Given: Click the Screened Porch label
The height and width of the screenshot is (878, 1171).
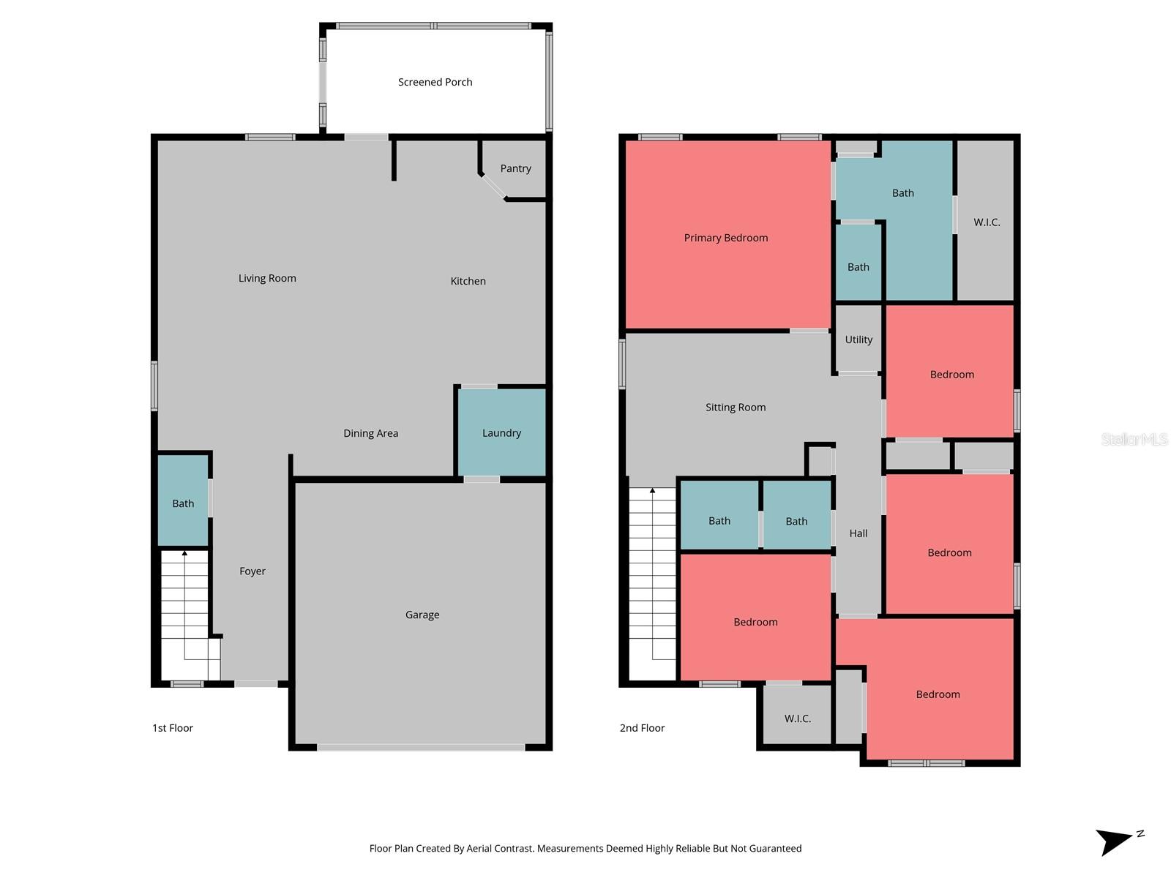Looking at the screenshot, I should coord(435,82).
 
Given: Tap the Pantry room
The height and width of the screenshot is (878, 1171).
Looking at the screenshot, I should coord(515,169).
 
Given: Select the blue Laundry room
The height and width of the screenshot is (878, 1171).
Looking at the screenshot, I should coord(501,433).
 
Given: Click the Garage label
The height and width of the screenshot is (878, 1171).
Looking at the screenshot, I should coord(422,615).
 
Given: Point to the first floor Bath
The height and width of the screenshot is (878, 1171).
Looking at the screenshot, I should coord(183,503).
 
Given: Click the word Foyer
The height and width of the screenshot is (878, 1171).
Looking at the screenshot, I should coord(252,571).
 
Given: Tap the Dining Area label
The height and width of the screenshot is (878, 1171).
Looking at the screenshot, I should coord(370,433).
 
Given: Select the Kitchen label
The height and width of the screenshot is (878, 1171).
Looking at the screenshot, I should coord(468,281).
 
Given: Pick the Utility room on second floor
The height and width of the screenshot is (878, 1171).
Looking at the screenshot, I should coord(858,339).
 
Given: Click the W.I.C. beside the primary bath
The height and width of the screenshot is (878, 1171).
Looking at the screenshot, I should coord(986,222).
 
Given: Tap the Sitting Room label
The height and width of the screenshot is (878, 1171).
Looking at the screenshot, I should coord(736,408).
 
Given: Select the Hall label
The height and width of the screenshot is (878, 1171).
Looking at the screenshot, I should coord(858,533).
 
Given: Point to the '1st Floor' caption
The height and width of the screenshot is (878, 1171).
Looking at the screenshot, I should coord(173,728).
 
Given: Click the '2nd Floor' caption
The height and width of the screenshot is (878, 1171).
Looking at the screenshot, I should coord(642,728).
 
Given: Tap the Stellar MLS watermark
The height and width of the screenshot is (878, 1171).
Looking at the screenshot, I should coord(1134,439).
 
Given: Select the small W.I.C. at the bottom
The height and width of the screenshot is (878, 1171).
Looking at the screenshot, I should coord(797,718).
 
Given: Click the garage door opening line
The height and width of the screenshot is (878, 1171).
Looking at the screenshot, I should coord(421,748).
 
